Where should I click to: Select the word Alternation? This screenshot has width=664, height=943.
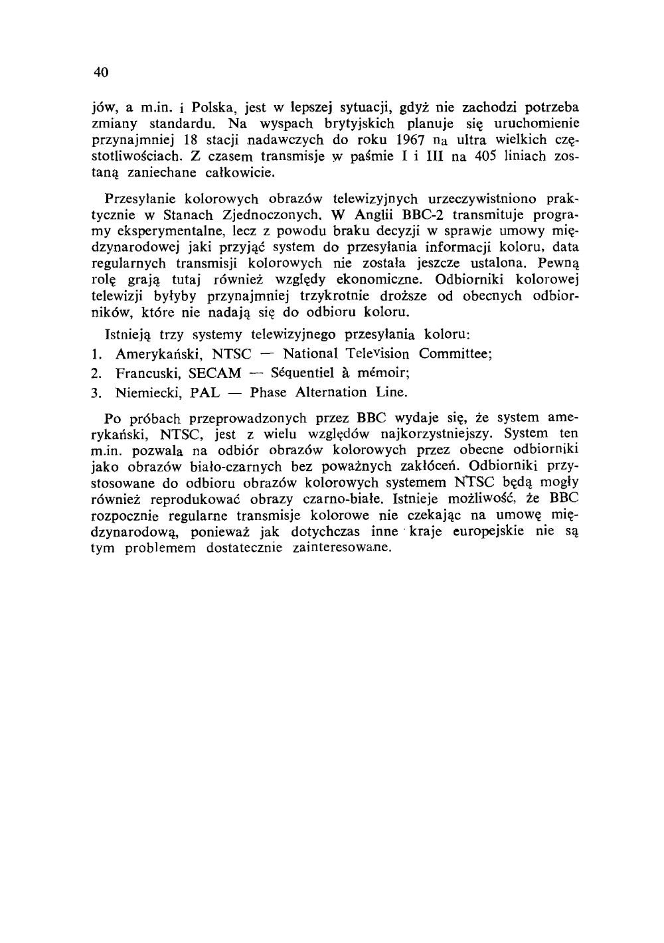click(321, 392)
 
